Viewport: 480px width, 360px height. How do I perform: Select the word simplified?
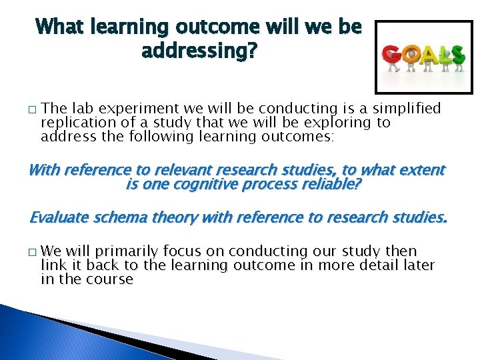click(x=407, y=109)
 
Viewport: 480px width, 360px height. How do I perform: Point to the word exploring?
click(x=339, y=123)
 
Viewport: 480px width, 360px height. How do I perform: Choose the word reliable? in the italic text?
click(x=328, y=183)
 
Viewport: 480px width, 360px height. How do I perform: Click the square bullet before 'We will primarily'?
click(x=31, y=252)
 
